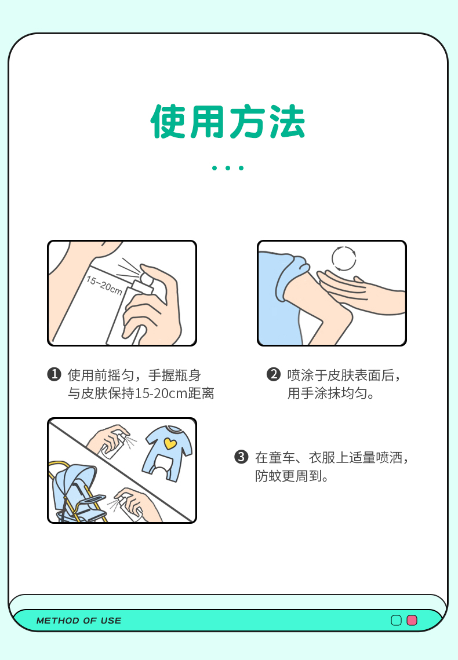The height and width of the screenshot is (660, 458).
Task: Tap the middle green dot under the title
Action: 228,168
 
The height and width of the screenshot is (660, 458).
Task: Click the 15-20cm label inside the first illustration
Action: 104,286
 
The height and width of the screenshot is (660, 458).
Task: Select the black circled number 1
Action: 54,374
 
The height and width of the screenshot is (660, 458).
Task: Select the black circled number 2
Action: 274,374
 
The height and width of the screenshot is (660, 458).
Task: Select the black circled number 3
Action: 241,457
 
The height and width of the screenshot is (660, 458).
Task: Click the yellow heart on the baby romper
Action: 170,443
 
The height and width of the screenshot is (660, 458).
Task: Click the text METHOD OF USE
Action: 79,621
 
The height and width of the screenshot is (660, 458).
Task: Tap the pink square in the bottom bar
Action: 412,620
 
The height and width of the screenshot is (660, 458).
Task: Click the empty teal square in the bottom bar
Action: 396,620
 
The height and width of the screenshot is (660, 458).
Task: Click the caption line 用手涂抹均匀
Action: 331,393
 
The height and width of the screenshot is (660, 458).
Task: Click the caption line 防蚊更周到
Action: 292,476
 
